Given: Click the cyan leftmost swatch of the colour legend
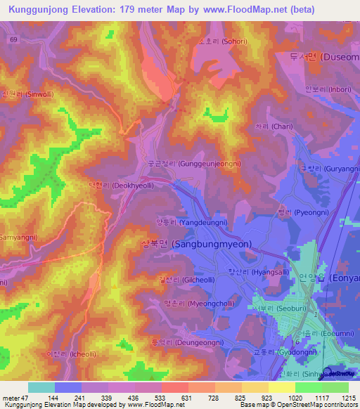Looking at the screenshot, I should tap(41, 387).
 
